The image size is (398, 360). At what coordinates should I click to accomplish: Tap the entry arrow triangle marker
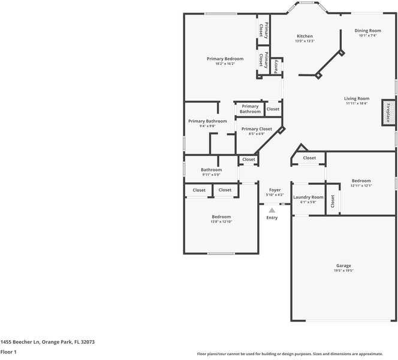(272, 210)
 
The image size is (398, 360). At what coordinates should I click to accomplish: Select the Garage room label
(343, 266)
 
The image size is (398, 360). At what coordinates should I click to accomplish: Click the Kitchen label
(304, 36)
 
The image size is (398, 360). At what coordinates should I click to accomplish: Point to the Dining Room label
(367, 31)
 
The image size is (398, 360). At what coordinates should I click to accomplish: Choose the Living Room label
(356, 98)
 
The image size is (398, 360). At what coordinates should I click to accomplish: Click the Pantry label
(276, 66)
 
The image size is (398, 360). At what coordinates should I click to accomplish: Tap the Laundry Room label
(308, 197)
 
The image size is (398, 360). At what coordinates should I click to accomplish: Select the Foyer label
(275, 190)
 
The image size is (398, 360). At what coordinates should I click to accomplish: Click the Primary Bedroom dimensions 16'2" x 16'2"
(225, 64)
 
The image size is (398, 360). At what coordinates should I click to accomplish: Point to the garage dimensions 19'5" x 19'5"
(343, 271)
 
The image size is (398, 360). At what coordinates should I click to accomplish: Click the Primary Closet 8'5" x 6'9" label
(257, 129)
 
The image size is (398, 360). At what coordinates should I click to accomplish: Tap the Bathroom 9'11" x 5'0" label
(211, 170)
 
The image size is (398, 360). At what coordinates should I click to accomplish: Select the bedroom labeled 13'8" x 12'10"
(221, 217)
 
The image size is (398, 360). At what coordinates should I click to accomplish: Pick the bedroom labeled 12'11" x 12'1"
(361, 181)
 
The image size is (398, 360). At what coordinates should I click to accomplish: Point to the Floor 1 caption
(8, 352)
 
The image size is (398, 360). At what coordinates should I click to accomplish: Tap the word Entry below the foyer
(272, 217)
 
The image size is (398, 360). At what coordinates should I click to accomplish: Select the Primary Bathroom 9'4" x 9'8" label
(207, 121)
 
